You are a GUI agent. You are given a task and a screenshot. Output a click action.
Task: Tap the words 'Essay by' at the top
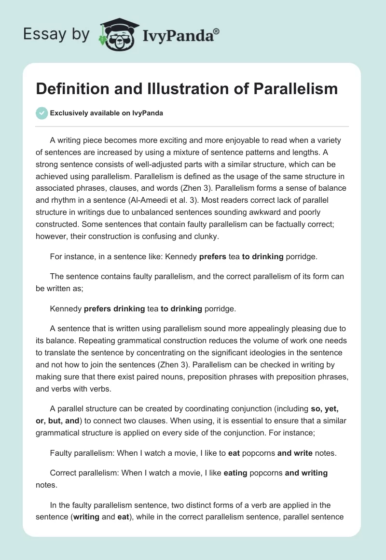tap(56, 35)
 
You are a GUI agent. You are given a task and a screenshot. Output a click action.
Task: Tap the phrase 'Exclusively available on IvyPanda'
tap(106, 113)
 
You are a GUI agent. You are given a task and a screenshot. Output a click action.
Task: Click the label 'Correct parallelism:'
tap(85, 473)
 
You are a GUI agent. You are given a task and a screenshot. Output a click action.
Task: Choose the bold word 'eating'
tap(235, 473)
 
